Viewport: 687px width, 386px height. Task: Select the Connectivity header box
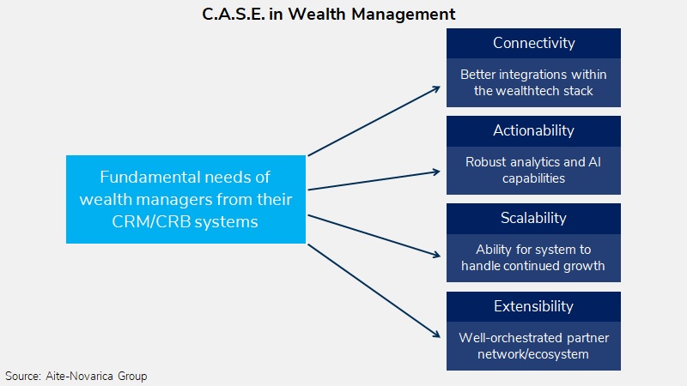[x=533, y=43]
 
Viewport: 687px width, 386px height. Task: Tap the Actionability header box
[x=533, y=130]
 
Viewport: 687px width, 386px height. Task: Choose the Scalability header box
[x=533, y=218]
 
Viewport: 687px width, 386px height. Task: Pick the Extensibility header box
[x=533, y=306]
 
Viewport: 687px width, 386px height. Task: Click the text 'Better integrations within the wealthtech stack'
[x=533, y=82]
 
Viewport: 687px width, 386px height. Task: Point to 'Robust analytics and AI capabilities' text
[x=533, y=170]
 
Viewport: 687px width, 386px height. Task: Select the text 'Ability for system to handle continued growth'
[x=533, y=257]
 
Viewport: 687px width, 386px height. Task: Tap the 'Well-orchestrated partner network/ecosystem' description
[x=533, y=345]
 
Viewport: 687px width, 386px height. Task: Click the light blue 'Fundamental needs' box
[x=186, y=199]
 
